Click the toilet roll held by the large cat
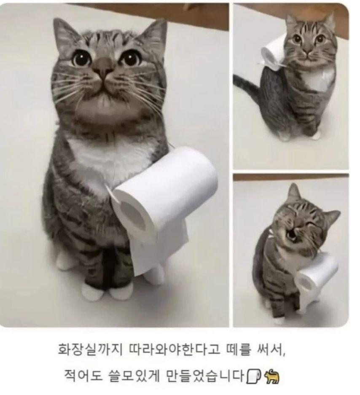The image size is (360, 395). (161, 202)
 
